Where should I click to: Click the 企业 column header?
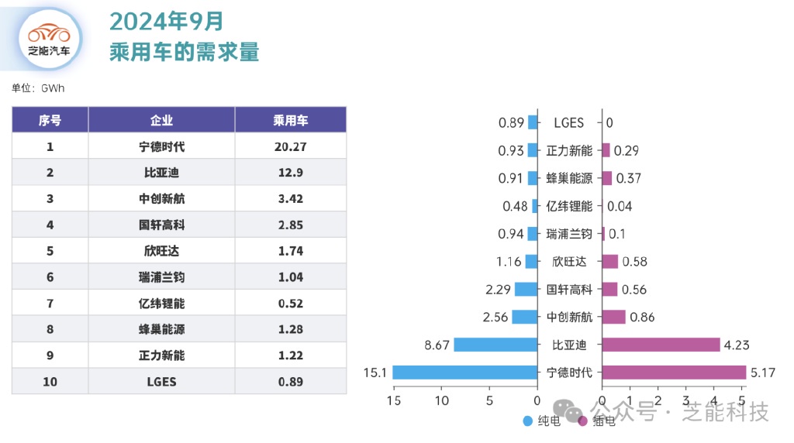(161, 120)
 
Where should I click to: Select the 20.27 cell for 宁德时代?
(291, 146)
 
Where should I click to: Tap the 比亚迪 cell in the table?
(161, 173)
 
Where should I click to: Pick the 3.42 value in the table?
(291, 199)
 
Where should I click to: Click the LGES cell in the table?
(161, 382)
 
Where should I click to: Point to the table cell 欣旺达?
(161, 251)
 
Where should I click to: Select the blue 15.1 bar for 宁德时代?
(464, 373)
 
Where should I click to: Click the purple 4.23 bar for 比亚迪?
(661, 345)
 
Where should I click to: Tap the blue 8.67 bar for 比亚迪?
(495, 345)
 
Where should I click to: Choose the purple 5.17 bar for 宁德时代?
(674, 373)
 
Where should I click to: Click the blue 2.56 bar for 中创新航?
(525, 317)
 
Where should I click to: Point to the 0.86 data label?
(642, 317)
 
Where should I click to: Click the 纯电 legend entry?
(542, 421)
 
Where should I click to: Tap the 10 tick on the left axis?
(441, 401)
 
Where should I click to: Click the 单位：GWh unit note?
(38, 88)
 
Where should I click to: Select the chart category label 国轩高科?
(569, 290)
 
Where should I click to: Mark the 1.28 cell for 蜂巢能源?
(291, 329)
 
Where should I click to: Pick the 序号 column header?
(50, 120)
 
